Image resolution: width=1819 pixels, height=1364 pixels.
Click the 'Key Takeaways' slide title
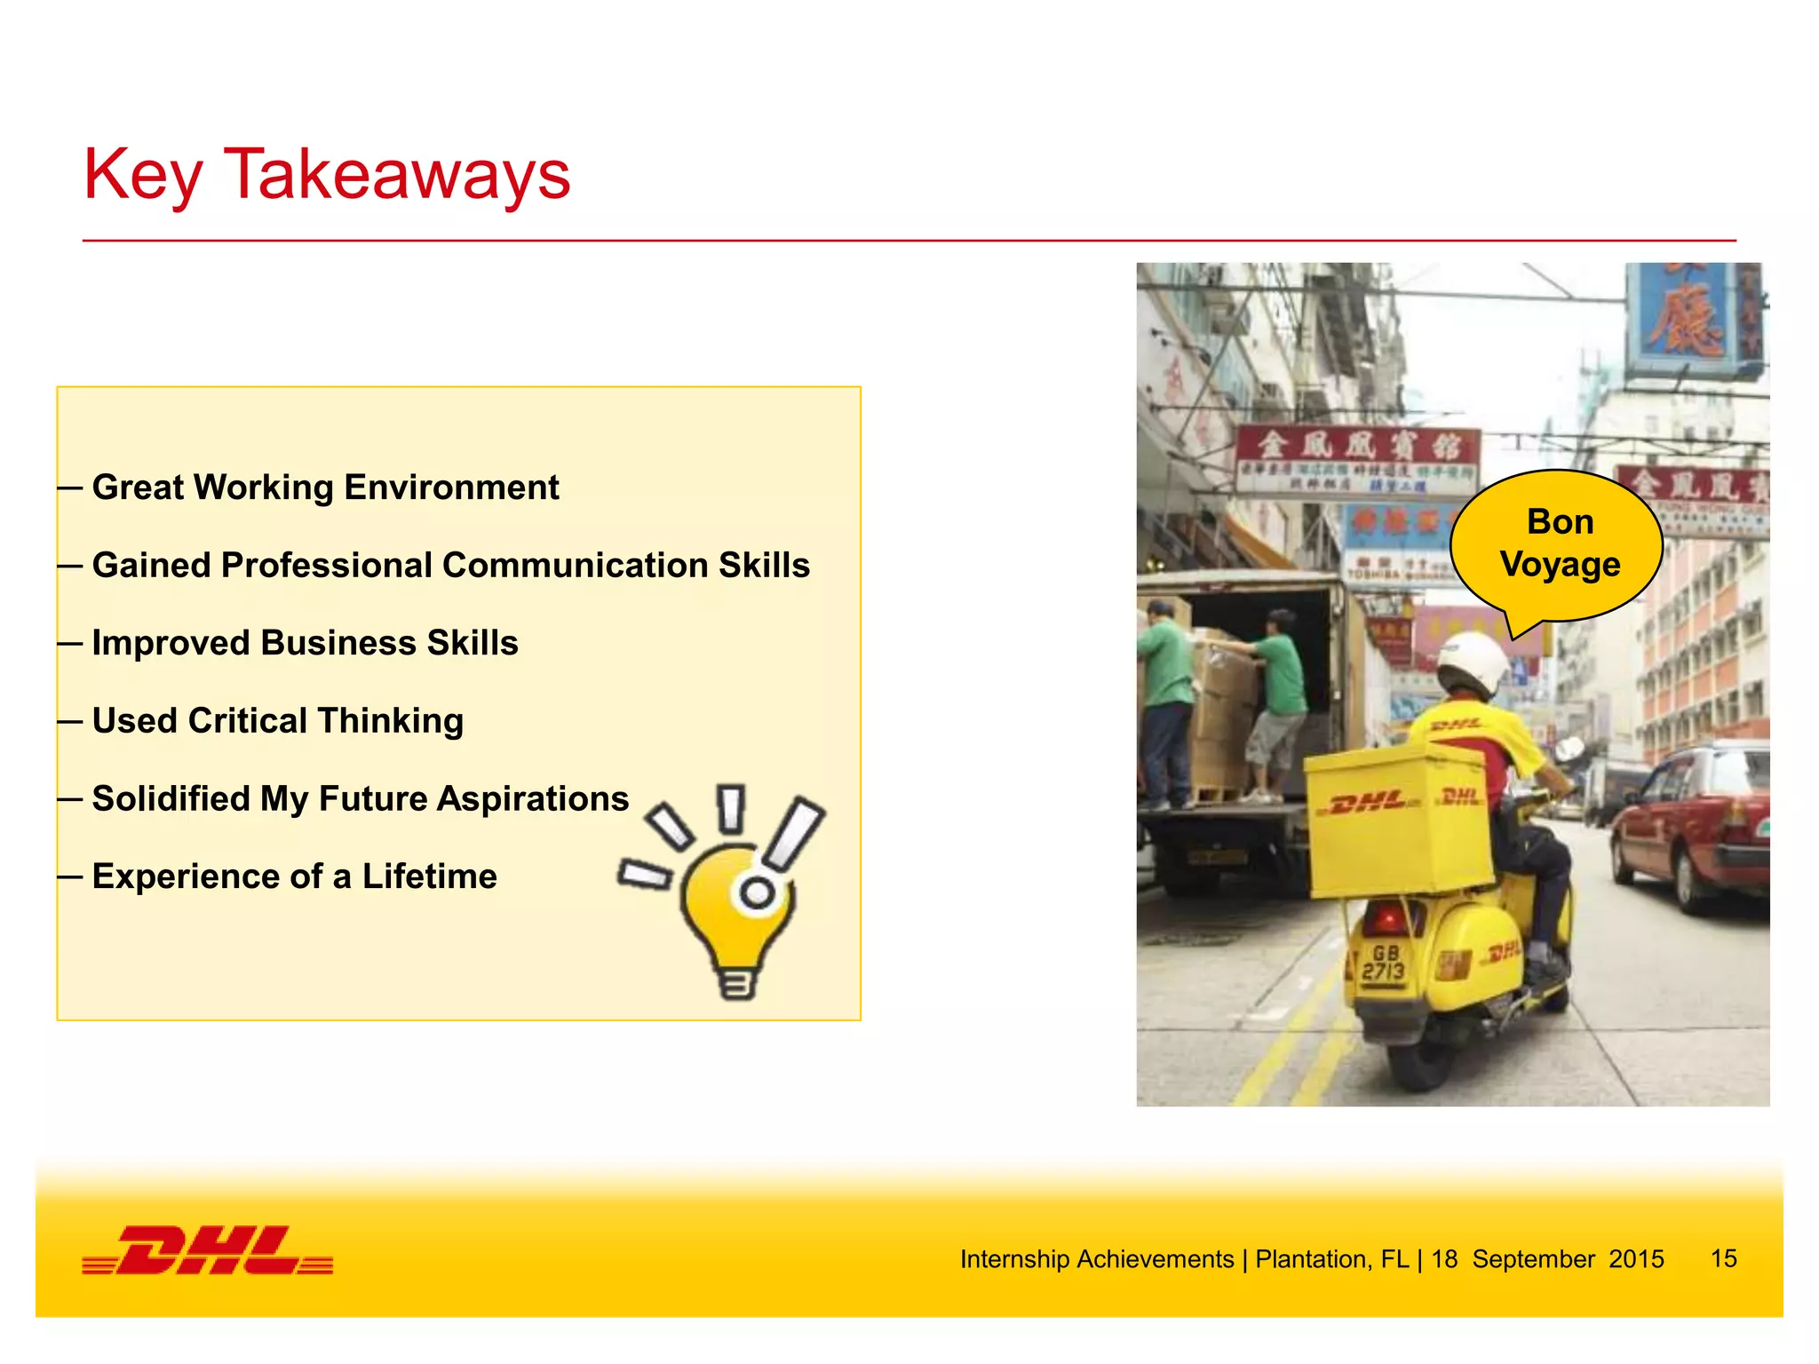click(x=326, y=175)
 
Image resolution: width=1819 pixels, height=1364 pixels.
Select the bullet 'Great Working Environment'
click(x=325, y=488)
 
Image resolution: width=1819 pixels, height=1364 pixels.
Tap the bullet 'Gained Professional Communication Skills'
click(x=450, y=566)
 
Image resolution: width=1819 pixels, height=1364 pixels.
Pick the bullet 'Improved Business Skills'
click(x=305, y=643)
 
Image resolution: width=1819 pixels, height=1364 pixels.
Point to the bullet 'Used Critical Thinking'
click(x=277, y=721)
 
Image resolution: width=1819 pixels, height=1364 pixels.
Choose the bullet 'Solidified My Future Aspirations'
click(x=360, y=799)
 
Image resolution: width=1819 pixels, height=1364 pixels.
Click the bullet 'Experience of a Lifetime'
click(x=294, y=877)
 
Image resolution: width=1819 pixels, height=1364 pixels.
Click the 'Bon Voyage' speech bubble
click(x=1560, y=543)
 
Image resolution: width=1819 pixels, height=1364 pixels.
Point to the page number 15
click(x=1723, y=1258)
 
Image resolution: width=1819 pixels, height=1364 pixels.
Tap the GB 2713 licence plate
click(x=1384, y=963)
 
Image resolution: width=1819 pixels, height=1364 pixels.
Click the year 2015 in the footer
click(x=1636, y=1259)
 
